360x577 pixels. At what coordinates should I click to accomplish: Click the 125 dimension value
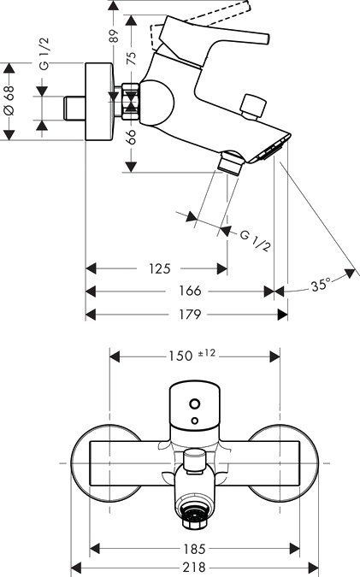click(160, 268)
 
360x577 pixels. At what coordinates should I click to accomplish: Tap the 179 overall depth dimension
click(190, 314)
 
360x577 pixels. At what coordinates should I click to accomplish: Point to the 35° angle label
click(321, 286)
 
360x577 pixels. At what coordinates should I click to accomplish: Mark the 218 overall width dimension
click(192, 563)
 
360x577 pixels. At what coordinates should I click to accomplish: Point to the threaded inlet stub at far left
click(75, 109)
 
